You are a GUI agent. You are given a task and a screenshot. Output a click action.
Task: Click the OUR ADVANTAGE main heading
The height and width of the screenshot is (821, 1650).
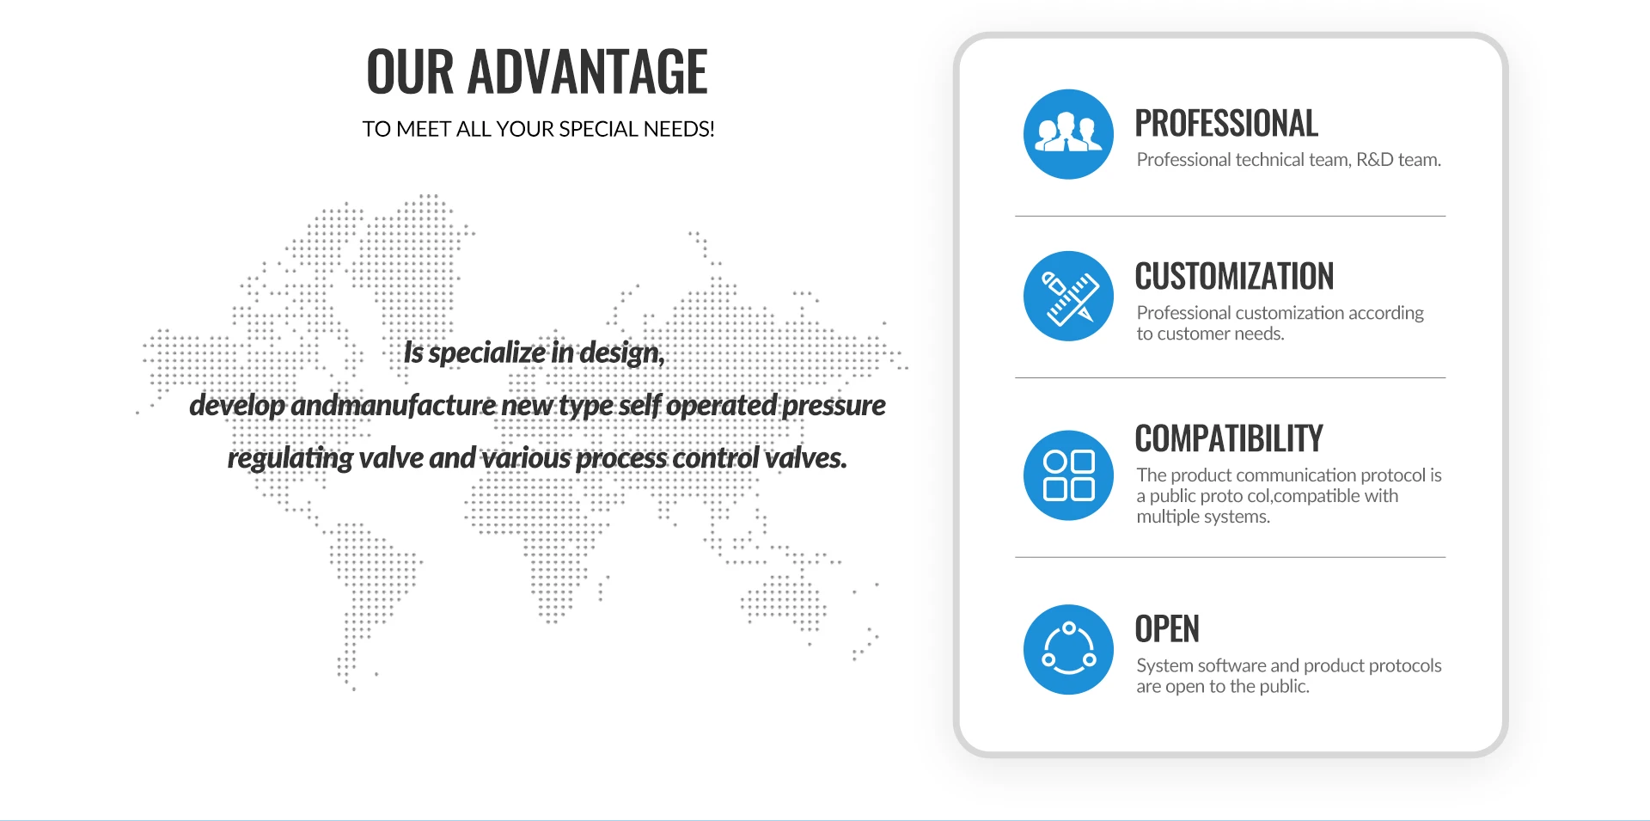[537, 71]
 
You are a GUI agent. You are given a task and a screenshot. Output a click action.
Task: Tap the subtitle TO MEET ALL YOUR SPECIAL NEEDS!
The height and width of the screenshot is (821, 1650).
[538, 129]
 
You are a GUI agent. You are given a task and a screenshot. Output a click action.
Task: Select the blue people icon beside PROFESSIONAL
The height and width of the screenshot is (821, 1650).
[1068, 134]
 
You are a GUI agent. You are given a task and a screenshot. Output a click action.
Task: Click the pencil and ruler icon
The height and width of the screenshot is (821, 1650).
[1068, 296]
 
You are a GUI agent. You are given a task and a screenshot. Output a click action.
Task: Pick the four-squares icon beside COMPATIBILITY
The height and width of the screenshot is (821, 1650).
[1068, 475]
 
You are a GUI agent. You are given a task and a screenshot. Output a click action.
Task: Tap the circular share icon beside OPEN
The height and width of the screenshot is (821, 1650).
[1068, 649]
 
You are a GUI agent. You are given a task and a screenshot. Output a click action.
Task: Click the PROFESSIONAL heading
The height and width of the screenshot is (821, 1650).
[1226, 123]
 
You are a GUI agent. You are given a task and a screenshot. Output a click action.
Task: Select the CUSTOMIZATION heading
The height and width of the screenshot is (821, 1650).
[1234, 277]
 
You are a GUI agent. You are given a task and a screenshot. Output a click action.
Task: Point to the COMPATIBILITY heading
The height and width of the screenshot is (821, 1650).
[1229, 438]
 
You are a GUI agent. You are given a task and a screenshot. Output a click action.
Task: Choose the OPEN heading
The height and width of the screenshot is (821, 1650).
[1167, 629]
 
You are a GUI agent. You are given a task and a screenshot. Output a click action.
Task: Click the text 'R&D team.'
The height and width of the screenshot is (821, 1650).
[1398, 160]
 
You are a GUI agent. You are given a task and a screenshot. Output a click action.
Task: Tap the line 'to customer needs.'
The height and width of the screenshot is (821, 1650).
[1210, 334]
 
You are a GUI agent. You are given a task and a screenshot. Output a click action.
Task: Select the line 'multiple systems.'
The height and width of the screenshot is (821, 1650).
[1203, 517]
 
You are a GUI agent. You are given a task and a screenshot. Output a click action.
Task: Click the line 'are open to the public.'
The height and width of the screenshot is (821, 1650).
[1223, 686]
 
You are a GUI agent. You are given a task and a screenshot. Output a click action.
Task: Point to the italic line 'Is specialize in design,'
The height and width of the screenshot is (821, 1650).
[535, 353]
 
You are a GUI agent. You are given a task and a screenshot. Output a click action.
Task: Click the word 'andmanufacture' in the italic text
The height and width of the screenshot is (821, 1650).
[394, 405]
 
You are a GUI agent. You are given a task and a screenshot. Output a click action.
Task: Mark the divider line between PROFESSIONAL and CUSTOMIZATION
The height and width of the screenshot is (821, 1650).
[1231, 216]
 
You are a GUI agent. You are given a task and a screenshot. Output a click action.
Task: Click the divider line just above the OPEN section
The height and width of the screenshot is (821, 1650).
[1231, 557]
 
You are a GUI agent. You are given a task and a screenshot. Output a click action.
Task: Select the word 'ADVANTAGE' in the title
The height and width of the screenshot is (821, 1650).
[587, 71]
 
